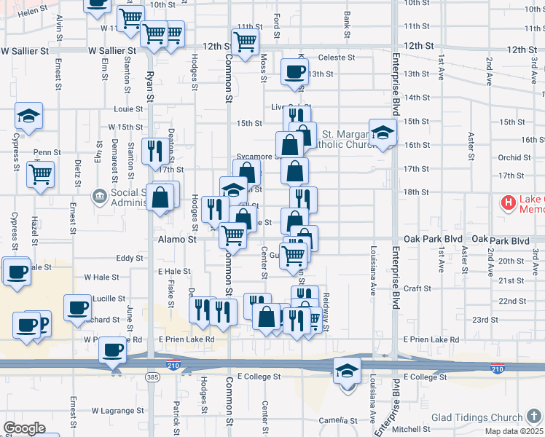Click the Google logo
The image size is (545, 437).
[x=25, y=428]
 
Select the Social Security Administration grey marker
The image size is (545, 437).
[x=100, y=196]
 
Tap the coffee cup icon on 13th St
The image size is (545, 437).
[x=294, y=72]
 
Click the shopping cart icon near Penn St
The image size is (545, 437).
[x=40, y=173]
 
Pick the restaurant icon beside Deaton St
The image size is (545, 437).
[x=154, y=150]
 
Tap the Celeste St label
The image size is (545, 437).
[x=336, y=57]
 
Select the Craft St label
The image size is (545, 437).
[x=417, y=288]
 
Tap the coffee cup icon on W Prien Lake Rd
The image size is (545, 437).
[x=112, y=349]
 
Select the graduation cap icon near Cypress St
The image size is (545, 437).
[x=29, y=115]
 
